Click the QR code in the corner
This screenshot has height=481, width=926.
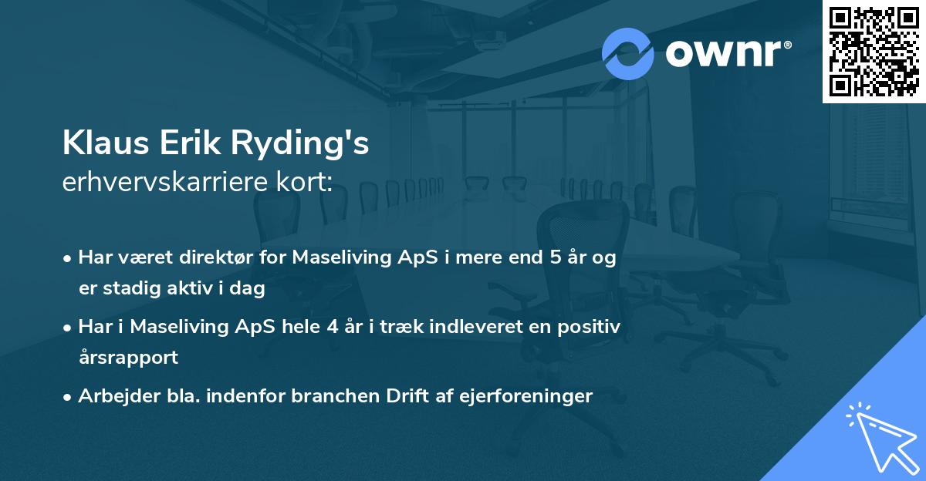pyautogui.click(x=874, y=51)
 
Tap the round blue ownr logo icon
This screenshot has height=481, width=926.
pyautogui.click(x=627, y=54)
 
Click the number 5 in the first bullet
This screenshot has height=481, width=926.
pyautogui.click(x=556, y=258)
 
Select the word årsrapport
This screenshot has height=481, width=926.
pyautogui.click(x=128, y=358)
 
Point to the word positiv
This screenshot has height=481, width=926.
pyautogui.click(x=592, y=327)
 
